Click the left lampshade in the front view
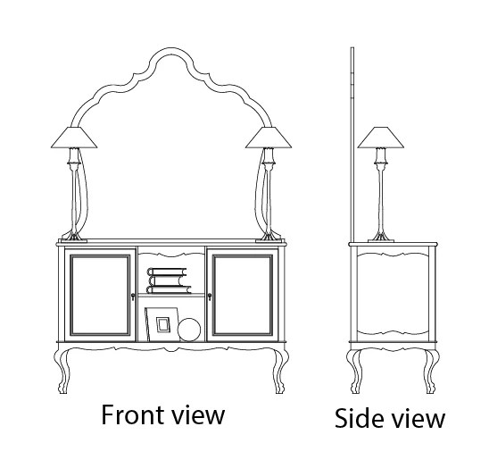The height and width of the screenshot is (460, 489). coord(74,138)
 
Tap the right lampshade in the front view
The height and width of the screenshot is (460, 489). coord(269,138)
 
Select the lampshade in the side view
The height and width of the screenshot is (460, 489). coord(380,138)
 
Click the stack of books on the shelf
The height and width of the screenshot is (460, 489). coord(169,280)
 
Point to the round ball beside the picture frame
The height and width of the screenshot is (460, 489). coord(189,330)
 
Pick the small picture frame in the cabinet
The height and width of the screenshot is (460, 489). coord(162,324)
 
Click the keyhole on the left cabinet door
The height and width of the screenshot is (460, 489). coord(133,297)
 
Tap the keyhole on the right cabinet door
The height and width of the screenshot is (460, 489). coord(210,297)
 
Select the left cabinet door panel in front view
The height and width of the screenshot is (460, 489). coord(100,295)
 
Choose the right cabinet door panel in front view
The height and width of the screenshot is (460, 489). coord(243,295)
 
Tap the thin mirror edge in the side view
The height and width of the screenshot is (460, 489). coord(352,145)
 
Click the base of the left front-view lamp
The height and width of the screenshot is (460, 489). coord(74,240)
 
